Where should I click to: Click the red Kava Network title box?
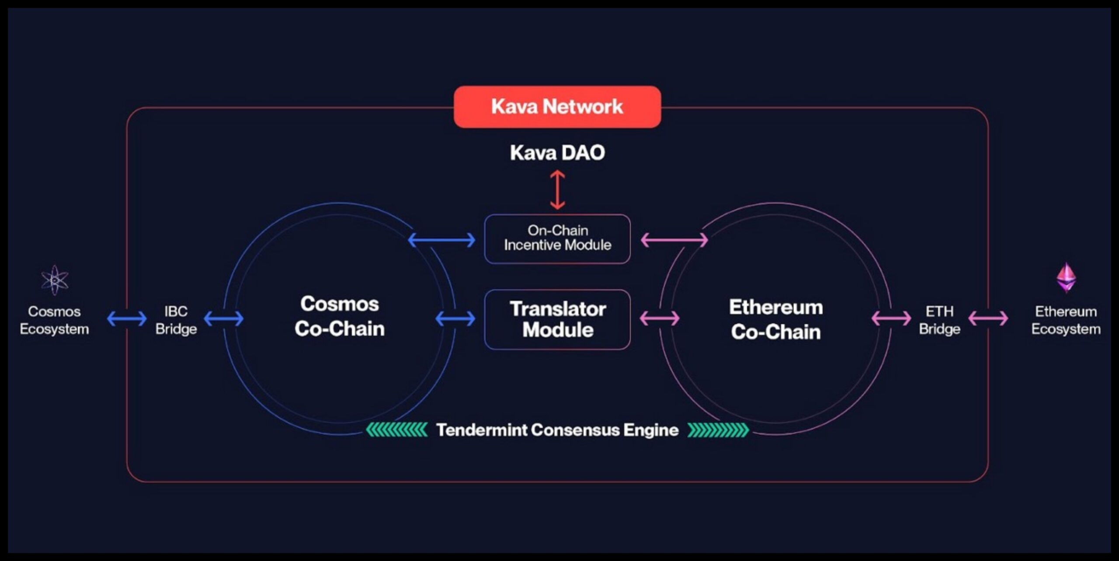[x=557, y=107]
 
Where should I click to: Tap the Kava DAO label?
[x=557, y=152]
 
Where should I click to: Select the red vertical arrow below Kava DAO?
[x=557, y=190]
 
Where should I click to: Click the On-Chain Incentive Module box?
[x=557, y=239]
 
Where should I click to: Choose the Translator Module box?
[x=557, y=319]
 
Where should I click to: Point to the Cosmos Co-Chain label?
[x=340, y=316]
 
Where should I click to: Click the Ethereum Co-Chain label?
[x=776, y=319]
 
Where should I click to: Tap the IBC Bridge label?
[x=176, y=320]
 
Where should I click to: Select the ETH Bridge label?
[x=939, y=320]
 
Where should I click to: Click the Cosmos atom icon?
[x=55, y=280]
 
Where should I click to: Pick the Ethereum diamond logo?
[x=1066, y=277]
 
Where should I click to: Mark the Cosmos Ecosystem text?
[x=54, y=320]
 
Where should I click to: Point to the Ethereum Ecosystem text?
[x=1066, y=320]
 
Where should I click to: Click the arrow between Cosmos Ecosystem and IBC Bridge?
[x=127, y=319]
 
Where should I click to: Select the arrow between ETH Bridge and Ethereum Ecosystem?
[x=988, y=319]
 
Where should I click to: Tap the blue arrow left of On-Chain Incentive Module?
[x=441, y=240]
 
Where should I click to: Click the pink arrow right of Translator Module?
[x=660, y=318]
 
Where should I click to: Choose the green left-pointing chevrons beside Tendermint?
[x=396, y=430]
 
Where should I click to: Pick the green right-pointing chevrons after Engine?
[x=718, y=430]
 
